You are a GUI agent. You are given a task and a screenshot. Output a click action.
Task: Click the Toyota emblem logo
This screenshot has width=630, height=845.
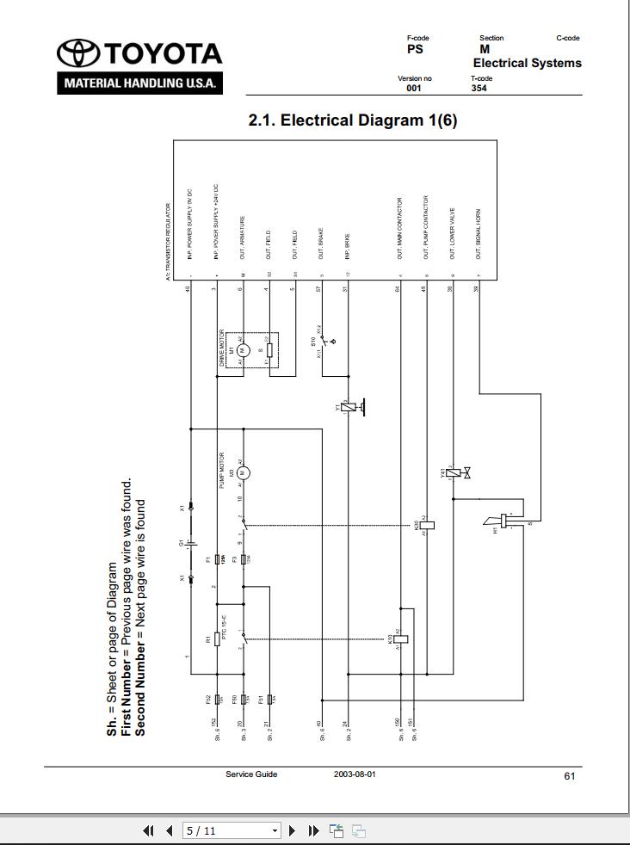click(x=77, y=54)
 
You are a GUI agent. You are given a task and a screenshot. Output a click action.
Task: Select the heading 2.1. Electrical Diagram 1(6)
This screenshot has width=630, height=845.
click(x=352, y=120)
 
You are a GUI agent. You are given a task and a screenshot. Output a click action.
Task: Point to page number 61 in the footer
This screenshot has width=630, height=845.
click(x=570, y=776)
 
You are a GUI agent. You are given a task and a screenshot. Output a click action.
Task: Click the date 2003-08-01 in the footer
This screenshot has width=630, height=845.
click(x=355, y=774)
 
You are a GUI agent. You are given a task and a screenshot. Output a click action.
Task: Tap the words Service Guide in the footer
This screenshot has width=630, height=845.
click(x=251, y=774)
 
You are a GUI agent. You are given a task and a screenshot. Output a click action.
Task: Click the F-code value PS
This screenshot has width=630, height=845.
click(x=415, y=50)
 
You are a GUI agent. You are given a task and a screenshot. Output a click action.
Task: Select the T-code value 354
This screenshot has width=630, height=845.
click(x=479, y=88)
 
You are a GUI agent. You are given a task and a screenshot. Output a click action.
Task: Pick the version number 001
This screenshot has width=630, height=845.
click(x=414, y=88)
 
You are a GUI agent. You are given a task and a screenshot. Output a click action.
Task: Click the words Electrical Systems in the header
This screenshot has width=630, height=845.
click(x=527, y=63)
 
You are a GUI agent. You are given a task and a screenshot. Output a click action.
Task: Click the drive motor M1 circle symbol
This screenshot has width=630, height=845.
click(x=243, y=349)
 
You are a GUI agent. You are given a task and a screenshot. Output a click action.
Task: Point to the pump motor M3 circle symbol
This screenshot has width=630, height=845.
click(x=243, y=472)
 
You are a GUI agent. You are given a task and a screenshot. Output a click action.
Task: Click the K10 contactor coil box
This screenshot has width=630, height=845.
click(x=401, y=639)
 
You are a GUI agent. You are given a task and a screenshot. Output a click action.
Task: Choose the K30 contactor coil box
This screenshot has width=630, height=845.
click(x=427, y=525)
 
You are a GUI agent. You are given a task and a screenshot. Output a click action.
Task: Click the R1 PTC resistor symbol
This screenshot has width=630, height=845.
click(x=217, y=640)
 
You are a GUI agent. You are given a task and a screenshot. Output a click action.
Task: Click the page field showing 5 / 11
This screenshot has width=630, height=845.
click(x=231, y=831)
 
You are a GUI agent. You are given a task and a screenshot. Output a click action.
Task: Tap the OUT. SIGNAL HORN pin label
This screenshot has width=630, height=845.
click(x=479, y=233)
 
